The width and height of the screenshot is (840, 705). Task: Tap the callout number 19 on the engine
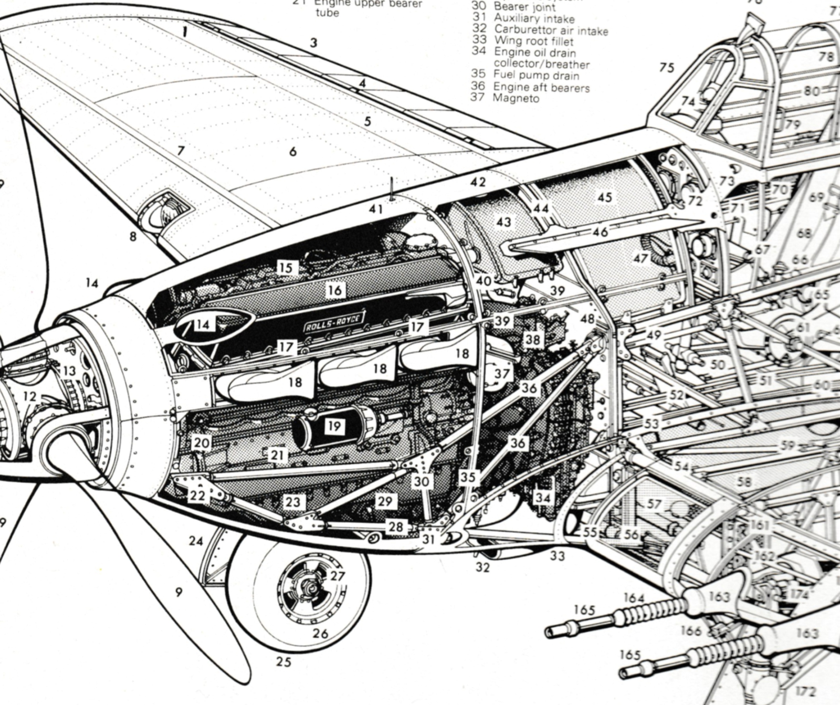[334, 426]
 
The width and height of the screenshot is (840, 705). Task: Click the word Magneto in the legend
[516, 98]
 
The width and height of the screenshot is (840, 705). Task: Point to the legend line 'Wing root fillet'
[533, 41]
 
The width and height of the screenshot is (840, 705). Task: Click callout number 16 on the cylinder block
[335, 290]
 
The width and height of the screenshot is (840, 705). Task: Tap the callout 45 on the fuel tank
[604, 197]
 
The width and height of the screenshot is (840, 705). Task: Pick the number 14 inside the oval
[203, 325]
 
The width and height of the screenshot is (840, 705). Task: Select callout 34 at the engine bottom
[543, 497]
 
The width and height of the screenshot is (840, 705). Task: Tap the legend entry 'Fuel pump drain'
[535, 75]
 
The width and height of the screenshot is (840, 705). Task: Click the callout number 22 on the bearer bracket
[197, 496]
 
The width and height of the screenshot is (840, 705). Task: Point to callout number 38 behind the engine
[532, 340]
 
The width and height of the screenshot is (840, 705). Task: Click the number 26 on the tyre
[320, 634]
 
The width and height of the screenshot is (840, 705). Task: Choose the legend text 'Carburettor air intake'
[551, 30]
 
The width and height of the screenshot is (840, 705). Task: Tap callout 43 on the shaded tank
[503, 222]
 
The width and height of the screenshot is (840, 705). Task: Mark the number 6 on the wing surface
[292, 152]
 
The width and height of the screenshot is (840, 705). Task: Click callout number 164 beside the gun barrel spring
[634, 598]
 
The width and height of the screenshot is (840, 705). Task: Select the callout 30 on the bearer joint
[421, 481]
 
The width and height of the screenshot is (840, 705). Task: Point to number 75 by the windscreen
[667, 68]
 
